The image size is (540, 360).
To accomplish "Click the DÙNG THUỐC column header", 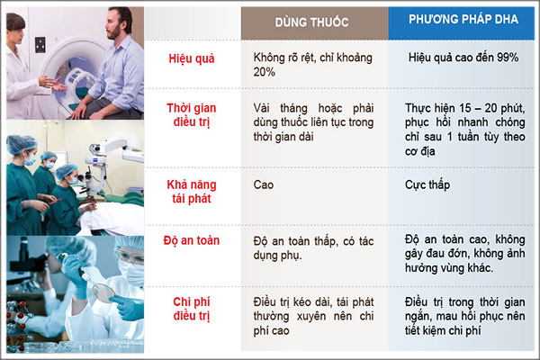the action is tap(311, 22).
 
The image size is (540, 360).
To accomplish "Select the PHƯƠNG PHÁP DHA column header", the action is tap(463, 19).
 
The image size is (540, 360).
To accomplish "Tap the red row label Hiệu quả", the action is tap(192, 58).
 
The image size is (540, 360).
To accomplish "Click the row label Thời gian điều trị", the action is tap(192, 114).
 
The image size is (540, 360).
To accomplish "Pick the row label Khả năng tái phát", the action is tap(192, 192).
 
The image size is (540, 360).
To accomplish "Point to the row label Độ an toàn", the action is tap(192, 240).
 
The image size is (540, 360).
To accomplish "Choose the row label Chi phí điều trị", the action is tap(192, 309).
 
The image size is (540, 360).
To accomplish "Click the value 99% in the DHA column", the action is tap(508, 58).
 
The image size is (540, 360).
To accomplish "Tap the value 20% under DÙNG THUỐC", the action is tap(264, 72).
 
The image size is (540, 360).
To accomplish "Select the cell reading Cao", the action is tap(264, 184).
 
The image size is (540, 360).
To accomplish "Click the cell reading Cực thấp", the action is tap(427, 185).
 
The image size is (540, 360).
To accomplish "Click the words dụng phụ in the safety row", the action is tap(277, 256).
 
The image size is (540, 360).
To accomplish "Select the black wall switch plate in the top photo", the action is tap(40, 45).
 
